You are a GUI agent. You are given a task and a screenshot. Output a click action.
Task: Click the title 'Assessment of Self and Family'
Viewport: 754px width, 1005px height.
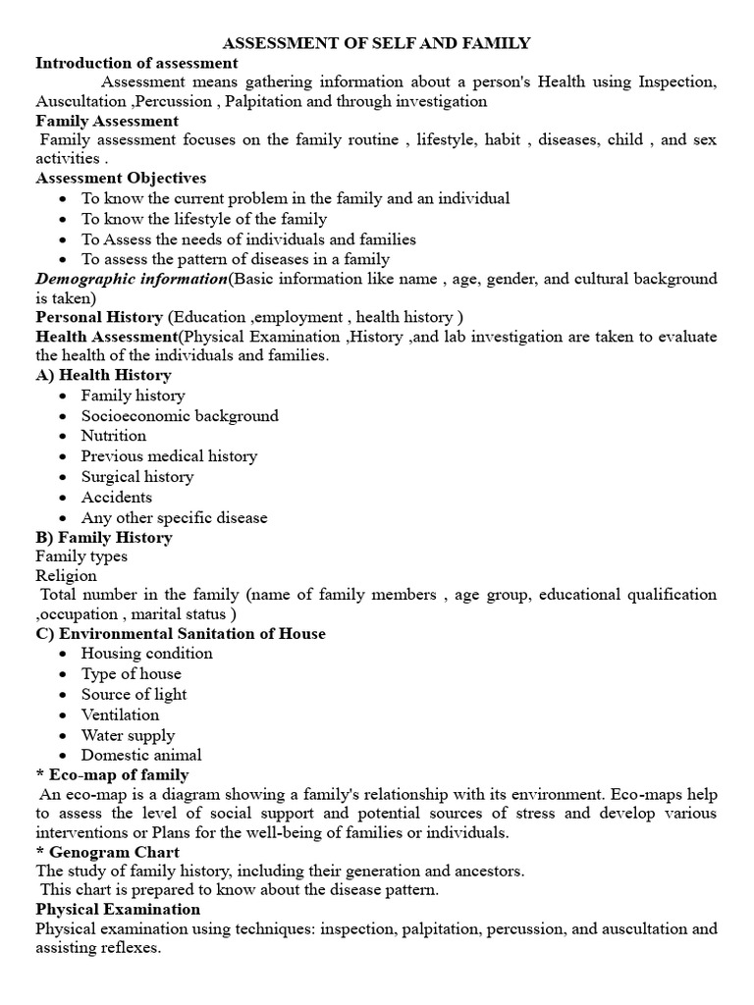pos(377,43)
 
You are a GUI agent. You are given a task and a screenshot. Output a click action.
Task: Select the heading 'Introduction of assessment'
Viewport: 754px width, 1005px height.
pos(136,63)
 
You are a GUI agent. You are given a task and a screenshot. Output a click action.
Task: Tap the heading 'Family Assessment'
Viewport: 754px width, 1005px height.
pos(107,121)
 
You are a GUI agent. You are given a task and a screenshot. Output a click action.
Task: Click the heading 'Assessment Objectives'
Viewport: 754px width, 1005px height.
pos(121,179)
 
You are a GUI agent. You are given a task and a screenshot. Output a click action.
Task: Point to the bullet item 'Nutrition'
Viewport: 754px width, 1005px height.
pos(114,436)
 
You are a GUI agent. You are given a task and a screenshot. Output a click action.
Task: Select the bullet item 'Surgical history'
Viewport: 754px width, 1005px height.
pos(137,477)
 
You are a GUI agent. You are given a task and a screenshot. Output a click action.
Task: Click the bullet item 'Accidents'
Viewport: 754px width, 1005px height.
pos(117,498)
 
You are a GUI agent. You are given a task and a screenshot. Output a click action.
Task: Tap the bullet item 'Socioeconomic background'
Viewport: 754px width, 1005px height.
pos(180,416)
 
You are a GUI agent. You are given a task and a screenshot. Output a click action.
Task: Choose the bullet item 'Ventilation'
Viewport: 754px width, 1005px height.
pos(120,715)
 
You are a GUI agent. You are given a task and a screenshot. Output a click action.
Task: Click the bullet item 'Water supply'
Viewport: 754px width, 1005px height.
pos(128,736)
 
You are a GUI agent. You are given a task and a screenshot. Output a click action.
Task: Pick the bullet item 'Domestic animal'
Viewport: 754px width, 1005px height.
pos(141,756)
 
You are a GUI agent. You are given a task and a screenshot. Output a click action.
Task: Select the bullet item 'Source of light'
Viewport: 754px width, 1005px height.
pos(134,695)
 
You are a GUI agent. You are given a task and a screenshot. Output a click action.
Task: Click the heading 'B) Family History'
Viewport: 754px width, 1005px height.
pos(104,538)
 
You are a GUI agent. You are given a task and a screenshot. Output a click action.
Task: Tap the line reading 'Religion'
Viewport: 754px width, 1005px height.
pos(67,576)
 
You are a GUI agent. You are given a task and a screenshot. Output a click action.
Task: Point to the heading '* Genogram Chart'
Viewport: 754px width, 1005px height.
pos(108,853)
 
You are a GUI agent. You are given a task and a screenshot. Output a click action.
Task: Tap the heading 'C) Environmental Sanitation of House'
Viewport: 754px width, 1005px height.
pos(181,634)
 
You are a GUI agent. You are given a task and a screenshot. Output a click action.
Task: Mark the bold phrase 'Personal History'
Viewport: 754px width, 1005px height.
pos(99,317)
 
